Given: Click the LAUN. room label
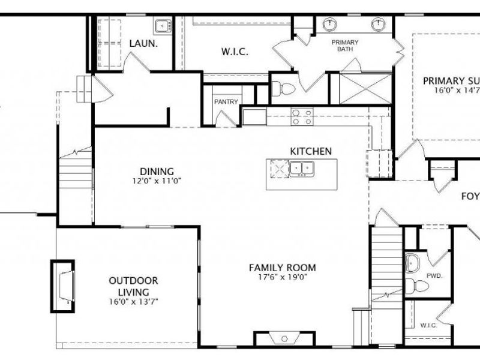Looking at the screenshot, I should point(143,43).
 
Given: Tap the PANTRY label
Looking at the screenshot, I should point(226,102).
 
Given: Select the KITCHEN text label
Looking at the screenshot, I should point(310,151).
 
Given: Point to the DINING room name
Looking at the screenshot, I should point(157,171).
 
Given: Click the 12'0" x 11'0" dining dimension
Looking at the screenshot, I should point(157,180).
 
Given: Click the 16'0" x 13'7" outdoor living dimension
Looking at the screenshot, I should point(134,301).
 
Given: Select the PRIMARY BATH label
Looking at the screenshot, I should point(346,46).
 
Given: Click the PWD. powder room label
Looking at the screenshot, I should point(434,276).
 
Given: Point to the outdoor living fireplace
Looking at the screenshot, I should point(62,286).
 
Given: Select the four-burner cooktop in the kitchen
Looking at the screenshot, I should point(302,116).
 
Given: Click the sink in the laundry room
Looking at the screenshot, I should point(162,26).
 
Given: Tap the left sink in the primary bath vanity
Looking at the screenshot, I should point(329,25).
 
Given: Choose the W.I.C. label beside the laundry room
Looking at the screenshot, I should point(235,52).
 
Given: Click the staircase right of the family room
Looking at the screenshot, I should point(387,264).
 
